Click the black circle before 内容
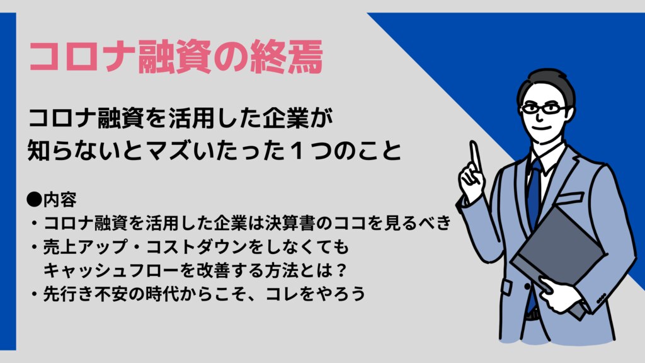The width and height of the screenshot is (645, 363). tap(35, 199)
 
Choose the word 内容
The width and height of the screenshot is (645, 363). tap(60, 199)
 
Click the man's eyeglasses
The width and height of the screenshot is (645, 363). tap(544, 109)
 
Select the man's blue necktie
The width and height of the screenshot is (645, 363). tap(534, 193)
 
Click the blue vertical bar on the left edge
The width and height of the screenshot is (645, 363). tap(8, 181)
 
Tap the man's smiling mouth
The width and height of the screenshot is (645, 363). tap(542, 128)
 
